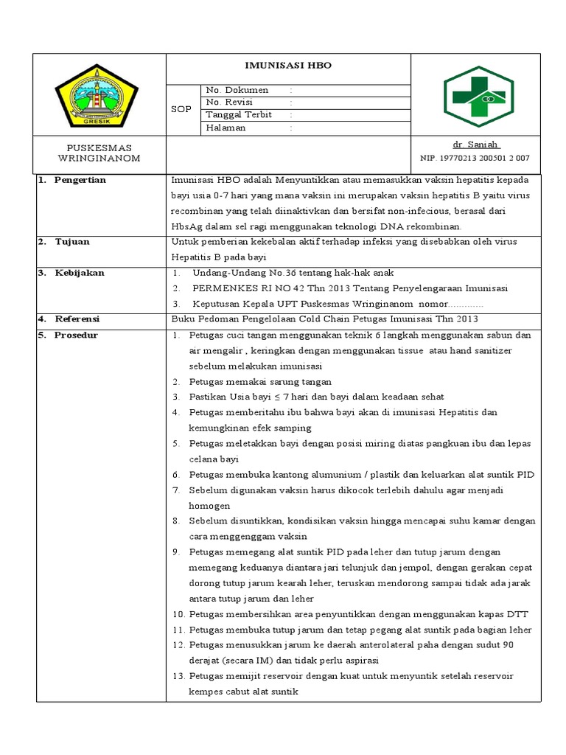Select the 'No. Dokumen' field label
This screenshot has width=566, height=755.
click(237, 90)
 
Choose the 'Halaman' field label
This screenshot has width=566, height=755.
click(226, 128)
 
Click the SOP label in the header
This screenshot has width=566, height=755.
click(181, 109)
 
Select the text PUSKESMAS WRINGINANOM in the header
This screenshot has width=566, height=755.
click(98, 153)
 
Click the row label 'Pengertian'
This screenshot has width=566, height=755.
click(80, 180)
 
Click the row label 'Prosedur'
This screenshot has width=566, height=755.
click(77, 335)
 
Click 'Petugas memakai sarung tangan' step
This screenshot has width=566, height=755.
click(260, 382)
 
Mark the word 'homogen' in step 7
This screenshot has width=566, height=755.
click(209, 506)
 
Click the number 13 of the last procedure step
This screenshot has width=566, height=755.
click(178, 676)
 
